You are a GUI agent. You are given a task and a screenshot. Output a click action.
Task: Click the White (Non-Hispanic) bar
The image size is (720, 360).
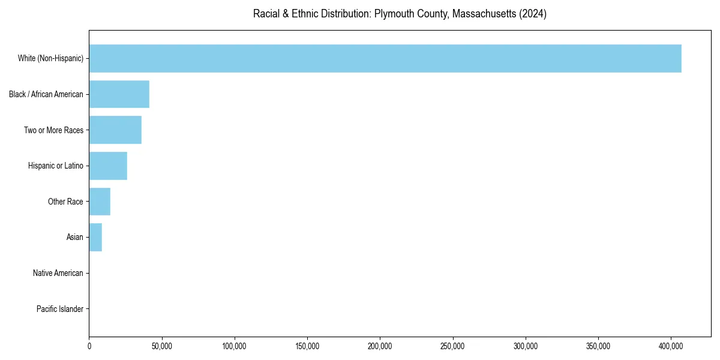tap(385, 58)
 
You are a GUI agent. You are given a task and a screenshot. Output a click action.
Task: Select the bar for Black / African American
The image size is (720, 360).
tap(119, 94)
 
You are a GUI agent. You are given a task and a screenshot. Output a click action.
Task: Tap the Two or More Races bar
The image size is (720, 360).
tap(115, 130)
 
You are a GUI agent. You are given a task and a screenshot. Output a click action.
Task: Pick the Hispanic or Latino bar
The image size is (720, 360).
tap(108, 166)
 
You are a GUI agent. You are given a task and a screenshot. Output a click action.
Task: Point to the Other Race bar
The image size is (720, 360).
tap(100, 202)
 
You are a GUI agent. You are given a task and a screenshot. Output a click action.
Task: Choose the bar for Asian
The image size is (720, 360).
tap(95, 237)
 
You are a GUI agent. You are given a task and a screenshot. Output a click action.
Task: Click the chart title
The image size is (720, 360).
tap(400, 14)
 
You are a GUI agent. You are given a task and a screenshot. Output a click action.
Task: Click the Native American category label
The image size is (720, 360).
tap(58, 273)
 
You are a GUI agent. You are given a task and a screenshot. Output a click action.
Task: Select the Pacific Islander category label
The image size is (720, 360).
tap(60, 309)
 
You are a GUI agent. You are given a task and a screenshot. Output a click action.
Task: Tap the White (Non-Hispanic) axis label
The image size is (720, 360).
tap(50, 58)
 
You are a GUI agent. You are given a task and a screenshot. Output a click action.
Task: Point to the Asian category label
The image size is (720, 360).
tap(75, 237)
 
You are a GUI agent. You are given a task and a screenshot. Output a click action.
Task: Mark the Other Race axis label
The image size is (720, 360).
tap(65, 202)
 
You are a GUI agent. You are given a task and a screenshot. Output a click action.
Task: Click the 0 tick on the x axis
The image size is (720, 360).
tap(89, 346)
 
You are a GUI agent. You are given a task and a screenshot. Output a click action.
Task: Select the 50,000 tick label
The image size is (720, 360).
tap(162, 346)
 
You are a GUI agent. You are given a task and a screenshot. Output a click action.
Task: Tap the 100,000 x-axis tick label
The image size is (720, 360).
tap(235, 346)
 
